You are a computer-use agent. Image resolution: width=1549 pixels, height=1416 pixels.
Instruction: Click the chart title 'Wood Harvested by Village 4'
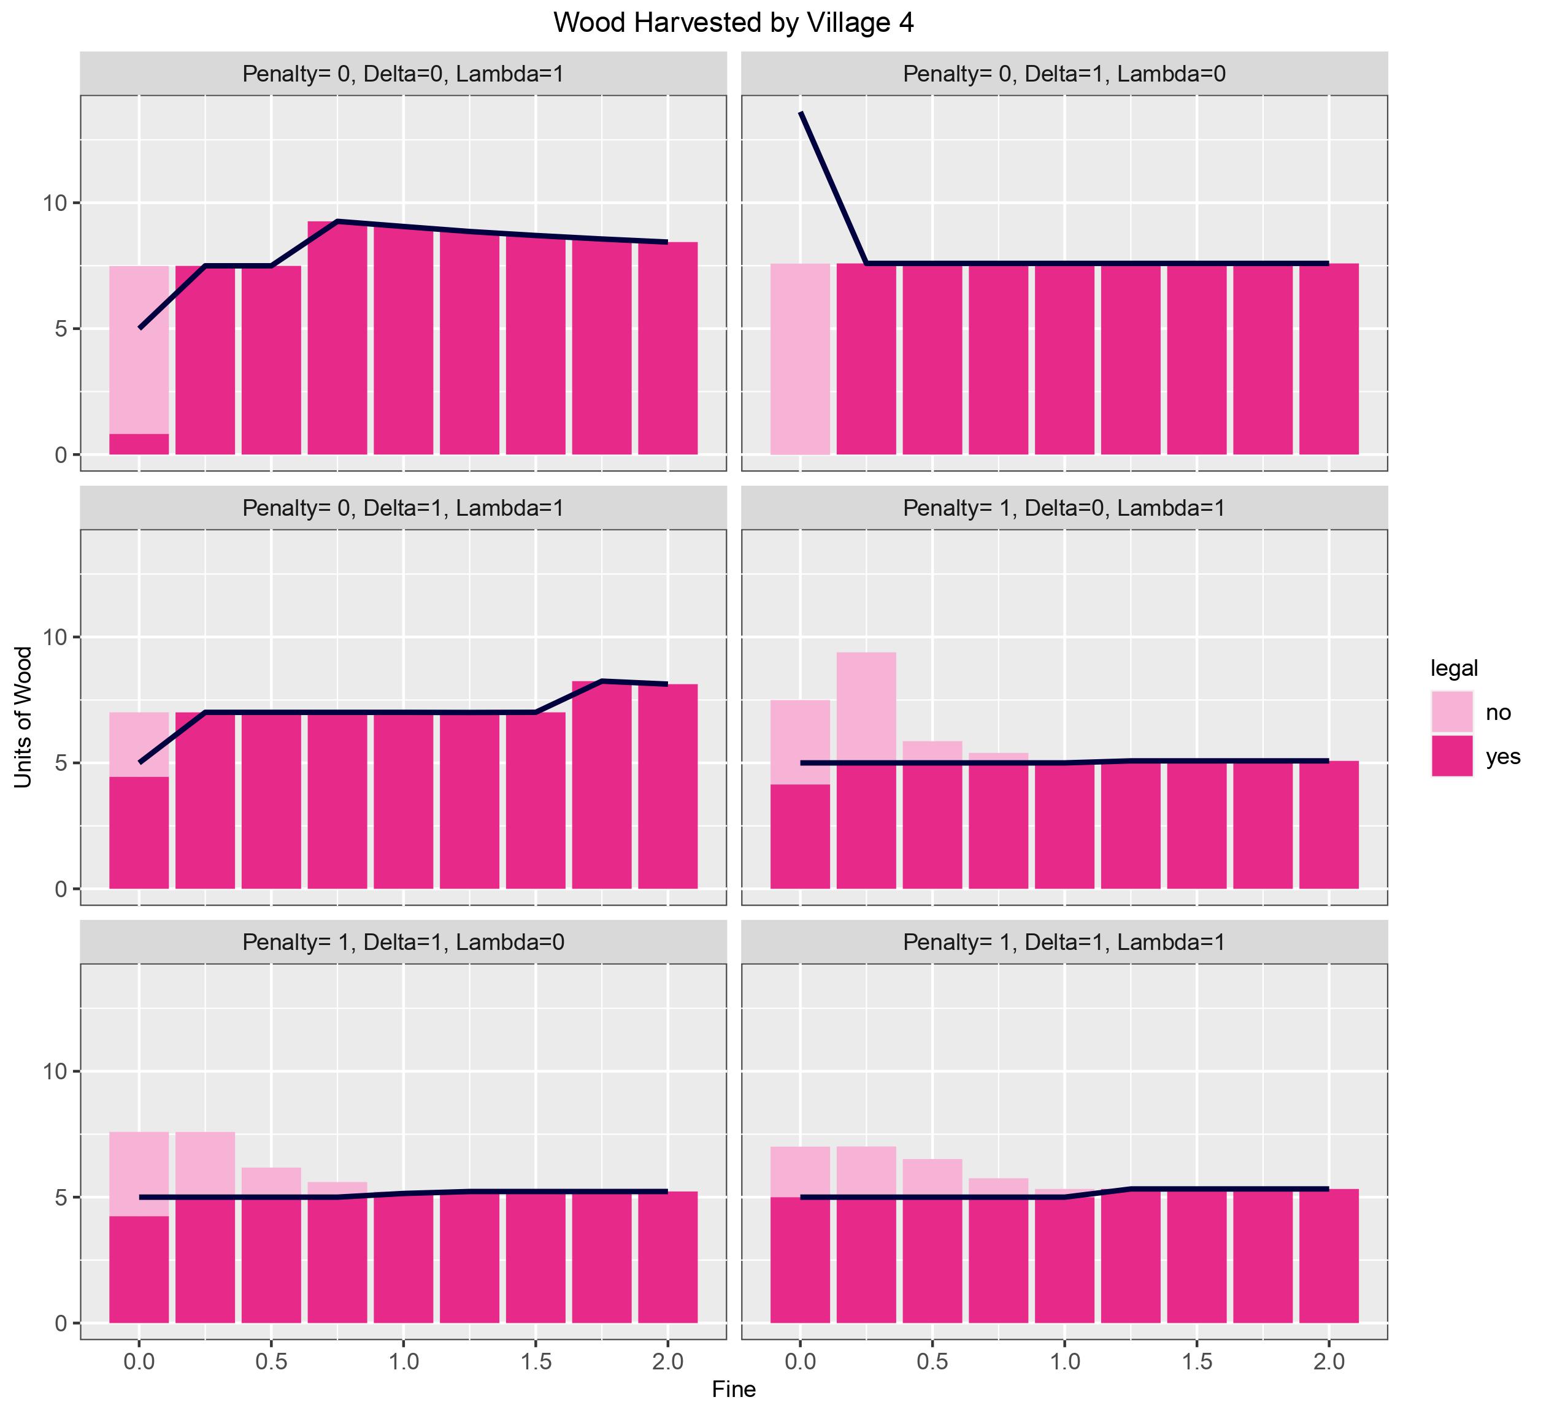pos(733,23)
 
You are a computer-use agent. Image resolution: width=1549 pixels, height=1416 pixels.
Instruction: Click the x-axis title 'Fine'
pos(734,1389)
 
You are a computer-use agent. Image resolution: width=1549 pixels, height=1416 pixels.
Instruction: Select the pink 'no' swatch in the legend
pos(1451,712)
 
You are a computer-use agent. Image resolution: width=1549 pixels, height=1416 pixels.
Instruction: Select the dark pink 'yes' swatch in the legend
pos(1451,756)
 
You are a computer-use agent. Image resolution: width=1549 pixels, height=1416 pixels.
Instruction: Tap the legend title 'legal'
pos(1454,668)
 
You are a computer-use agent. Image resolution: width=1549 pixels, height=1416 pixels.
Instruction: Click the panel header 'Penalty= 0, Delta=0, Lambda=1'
pos(404,74)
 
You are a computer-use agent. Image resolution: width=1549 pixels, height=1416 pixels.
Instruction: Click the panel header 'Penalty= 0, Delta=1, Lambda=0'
pos(1064,74)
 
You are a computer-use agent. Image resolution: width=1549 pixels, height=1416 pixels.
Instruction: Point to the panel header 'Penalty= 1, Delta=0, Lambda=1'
pos(1064,508)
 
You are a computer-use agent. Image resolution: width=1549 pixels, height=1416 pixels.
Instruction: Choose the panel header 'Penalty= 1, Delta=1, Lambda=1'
pos(1064,942)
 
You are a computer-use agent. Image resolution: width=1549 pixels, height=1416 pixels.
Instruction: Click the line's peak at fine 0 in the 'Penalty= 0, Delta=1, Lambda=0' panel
pos(801,113)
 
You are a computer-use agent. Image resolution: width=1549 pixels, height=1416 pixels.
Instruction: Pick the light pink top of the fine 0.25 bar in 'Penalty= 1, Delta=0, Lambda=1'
pos(866,706)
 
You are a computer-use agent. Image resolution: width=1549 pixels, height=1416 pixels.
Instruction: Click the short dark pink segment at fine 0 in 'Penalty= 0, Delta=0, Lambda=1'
pos(139,445)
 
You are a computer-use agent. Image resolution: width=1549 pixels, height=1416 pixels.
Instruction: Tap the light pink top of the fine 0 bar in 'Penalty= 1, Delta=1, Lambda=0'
pos(139,1173)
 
